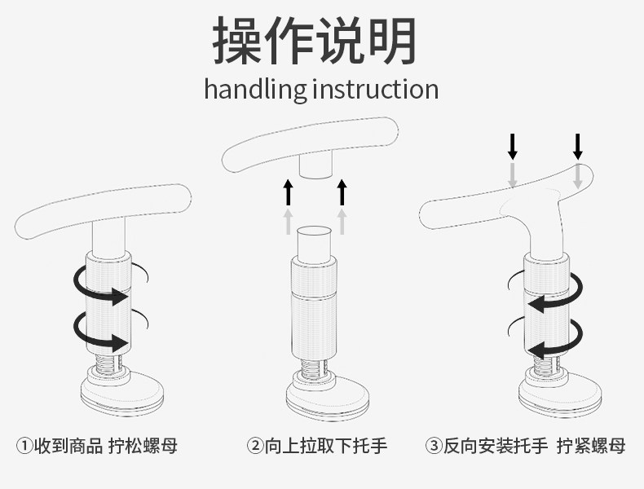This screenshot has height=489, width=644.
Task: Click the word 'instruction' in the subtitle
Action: tap(375, 88)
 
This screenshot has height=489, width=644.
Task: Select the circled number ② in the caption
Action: tap(254, 446)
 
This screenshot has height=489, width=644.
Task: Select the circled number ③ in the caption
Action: tap(433, 446)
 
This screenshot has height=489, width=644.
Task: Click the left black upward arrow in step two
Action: tap(287, 192)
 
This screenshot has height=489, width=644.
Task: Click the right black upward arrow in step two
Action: tap(342, 192)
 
